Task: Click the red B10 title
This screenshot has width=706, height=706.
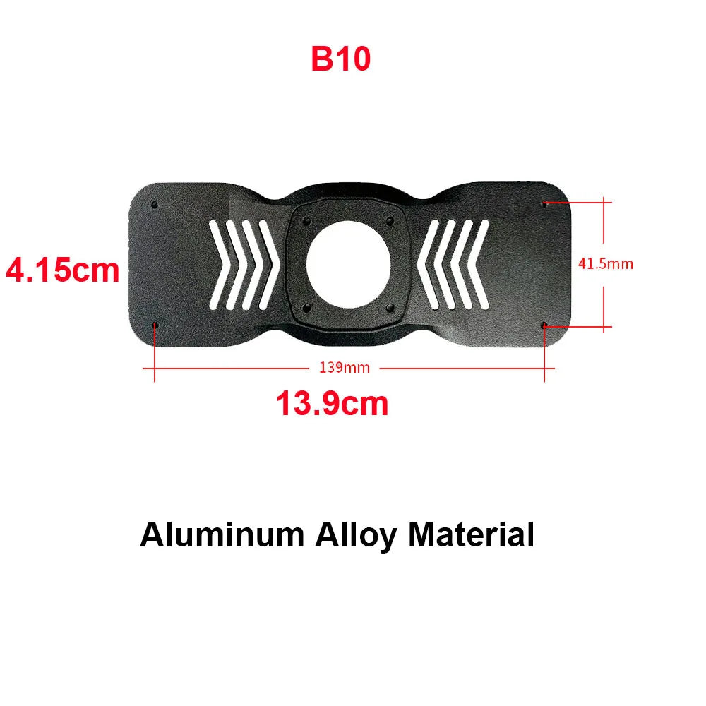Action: click(340, 59)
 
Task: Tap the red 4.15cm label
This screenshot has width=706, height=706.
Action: click(62, 270)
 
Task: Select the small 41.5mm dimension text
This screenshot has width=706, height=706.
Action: click(605, 264)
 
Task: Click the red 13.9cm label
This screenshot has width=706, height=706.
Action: click(332, 404)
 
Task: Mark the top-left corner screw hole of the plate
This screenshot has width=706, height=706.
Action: click(155, 204)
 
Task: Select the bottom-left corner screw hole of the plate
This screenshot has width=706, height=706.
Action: click(155, 325)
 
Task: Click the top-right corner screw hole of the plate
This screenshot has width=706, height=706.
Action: click(544, 204)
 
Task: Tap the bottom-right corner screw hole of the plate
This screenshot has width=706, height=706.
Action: click(544, 325)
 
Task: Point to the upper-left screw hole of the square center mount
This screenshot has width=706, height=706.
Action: click(306, 221)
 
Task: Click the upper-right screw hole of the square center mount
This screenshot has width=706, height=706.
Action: click(388, 221)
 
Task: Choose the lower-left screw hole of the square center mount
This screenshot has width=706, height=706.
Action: click(306, 306)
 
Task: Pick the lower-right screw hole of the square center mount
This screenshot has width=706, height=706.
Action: click(388, 306)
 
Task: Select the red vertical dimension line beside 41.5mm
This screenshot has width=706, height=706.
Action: click(604, 233)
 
